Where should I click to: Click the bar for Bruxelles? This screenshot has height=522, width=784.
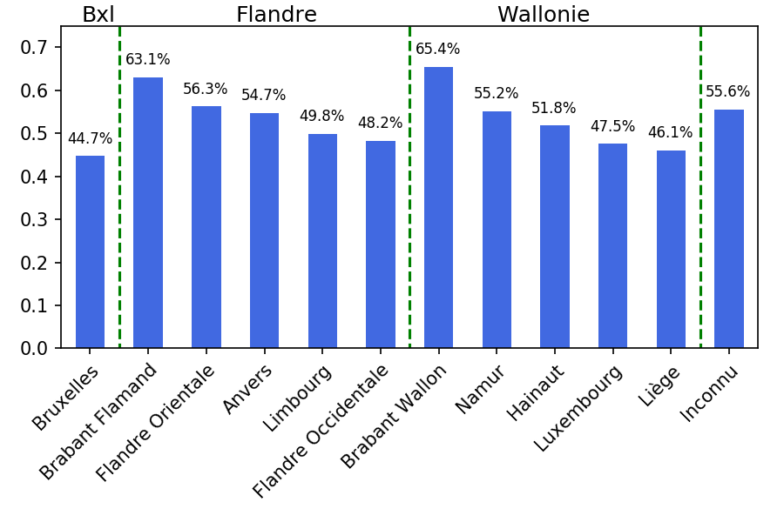(90, 252)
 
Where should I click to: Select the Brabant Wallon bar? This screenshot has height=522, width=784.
(438, 208)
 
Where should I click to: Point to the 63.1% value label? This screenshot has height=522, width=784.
(148, 60)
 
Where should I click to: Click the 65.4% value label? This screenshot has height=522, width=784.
(438, 50)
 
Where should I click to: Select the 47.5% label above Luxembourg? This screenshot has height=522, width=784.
(612, 127)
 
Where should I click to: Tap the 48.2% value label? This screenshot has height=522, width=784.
(381, 124)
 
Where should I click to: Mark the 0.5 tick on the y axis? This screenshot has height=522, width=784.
(35, 134)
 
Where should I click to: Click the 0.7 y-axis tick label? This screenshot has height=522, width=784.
(35, 48)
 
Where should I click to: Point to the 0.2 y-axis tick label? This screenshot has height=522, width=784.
(35, 263)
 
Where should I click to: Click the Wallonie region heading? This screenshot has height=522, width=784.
(544, 15)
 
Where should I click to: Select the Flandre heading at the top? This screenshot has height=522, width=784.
(276, 15)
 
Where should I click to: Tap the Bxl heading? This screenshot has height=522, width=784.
(98, 15)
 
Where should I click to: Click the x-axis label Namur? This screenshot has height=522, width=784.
(481, 390)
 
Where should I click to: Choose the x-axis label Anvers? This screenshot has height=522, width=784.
(248, 390)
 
